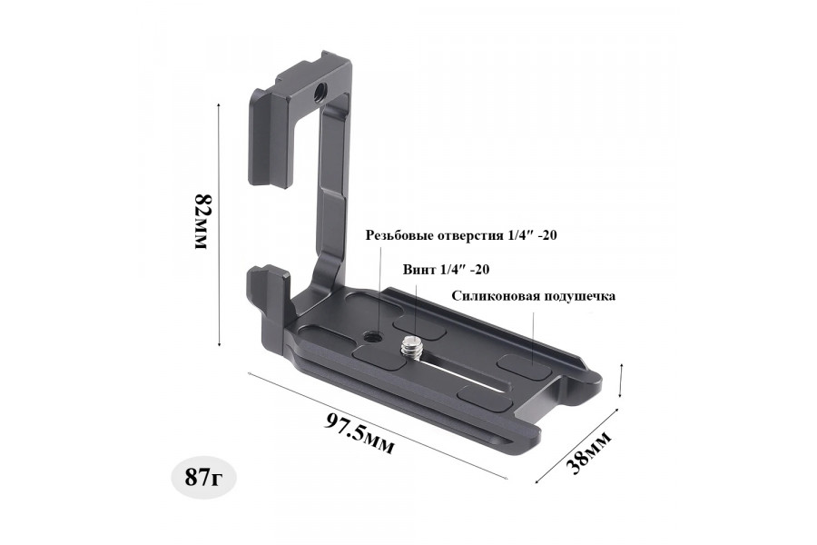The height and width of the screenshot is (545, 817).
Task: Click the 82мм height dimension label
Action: coord(202,222)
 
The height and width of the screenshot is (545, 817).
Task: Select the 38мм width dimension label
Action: coord(589,452)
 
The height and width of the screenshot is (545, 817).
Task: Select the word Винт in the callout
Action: coord(420,270)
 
